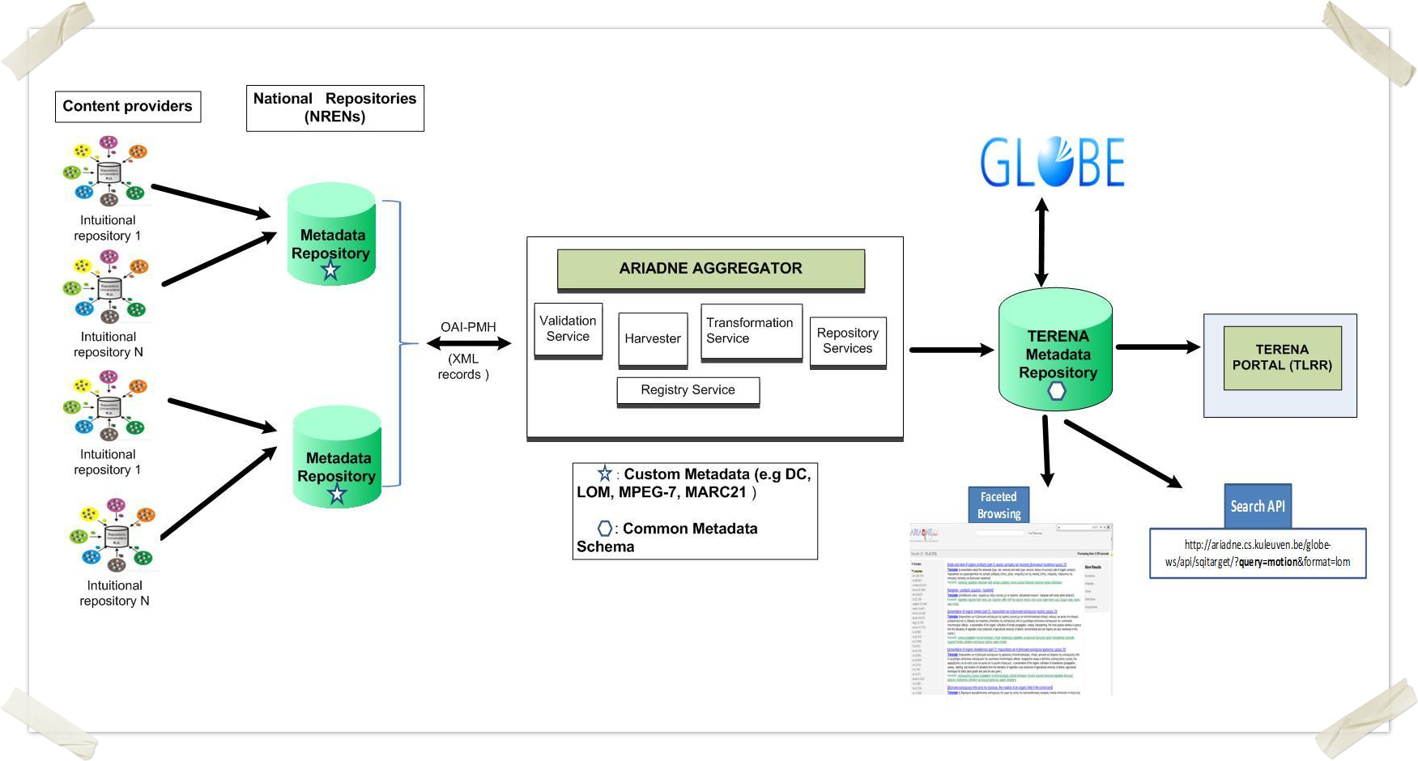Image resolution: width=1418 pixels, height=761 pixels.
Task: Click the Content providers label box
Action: point(128,106)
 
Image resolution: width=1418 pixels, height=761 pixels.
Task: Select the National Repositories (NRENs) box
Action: point(334,108)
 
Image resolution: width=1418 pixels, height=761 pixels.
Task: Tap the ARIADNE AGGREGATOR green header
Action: point(710,269)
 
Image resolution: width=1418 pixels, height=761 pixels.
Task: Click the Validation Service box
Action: point(568,329)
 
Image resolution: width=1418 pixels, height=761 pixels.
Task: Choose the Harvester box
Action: point(652,339)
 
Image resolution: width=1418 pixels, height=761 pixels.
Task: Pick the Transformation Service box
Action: point(751,331)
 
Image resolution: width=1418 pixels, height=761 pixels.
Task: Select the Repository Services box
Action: point(847,341)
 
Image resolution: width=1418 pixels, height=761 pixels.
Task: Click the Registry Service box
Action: point(688,390)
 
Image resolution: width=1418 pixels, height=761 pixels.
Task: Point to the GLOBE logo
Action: point(1052,162)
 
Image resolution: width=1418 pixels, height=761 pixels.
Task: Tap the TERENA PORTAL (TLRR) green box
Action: point(1282,358)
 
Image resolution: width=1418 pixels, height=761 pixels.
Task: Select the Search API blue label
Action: point(1257,506)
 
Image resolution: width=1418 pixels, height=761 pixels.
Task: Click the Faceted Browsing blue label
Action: point(999,505)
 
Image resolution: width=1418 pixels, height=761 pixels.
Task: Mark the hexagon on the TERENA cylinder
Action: point(1057,391)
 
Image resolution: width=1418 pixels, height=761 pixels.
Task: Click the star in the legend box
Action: point(604,474)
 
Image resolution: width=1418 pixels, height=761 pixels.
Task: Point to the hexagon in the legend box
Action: point(605,529)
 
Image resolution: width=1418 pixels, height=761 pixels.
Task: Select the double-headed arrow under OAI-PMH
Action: point(469,343)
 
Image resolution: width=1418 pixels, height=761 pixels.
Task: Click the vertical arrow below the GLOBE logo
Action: point(1042,243)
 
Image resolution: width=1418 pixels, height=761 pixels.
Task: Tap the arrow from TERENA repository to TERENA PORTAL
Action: point(1158,347)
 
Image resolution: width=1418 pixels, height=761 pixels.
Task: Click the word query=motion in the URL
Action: point(1267,562)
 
